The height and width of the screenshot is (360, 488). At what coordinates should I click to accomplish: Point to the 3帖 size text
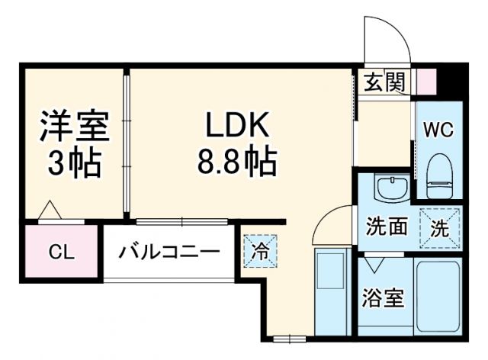coord(74,162)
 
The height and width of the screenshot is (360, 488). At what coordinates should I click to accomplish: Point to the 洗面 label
coord(386,227)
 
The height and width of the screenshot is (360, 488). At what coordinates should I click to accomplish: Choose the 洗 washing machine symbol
coord(439,227)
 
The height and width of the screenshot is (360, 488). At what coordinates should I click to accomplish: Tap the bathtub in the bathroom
coord(438,297)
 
